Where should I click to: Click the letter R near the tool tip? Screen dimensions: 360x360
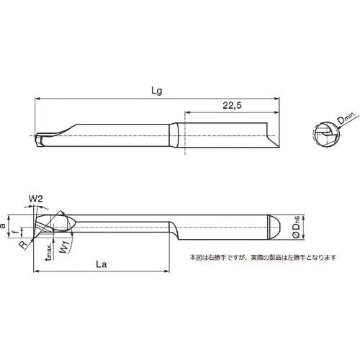pos(23,244)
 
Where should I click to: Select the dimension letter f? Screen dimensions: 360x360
pos(14,231)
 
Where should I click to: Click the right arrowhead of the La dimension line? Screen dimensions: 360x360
pos(168,272)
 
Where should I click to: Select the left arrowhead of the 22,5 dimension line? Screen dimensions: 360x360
pos(189,112)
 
